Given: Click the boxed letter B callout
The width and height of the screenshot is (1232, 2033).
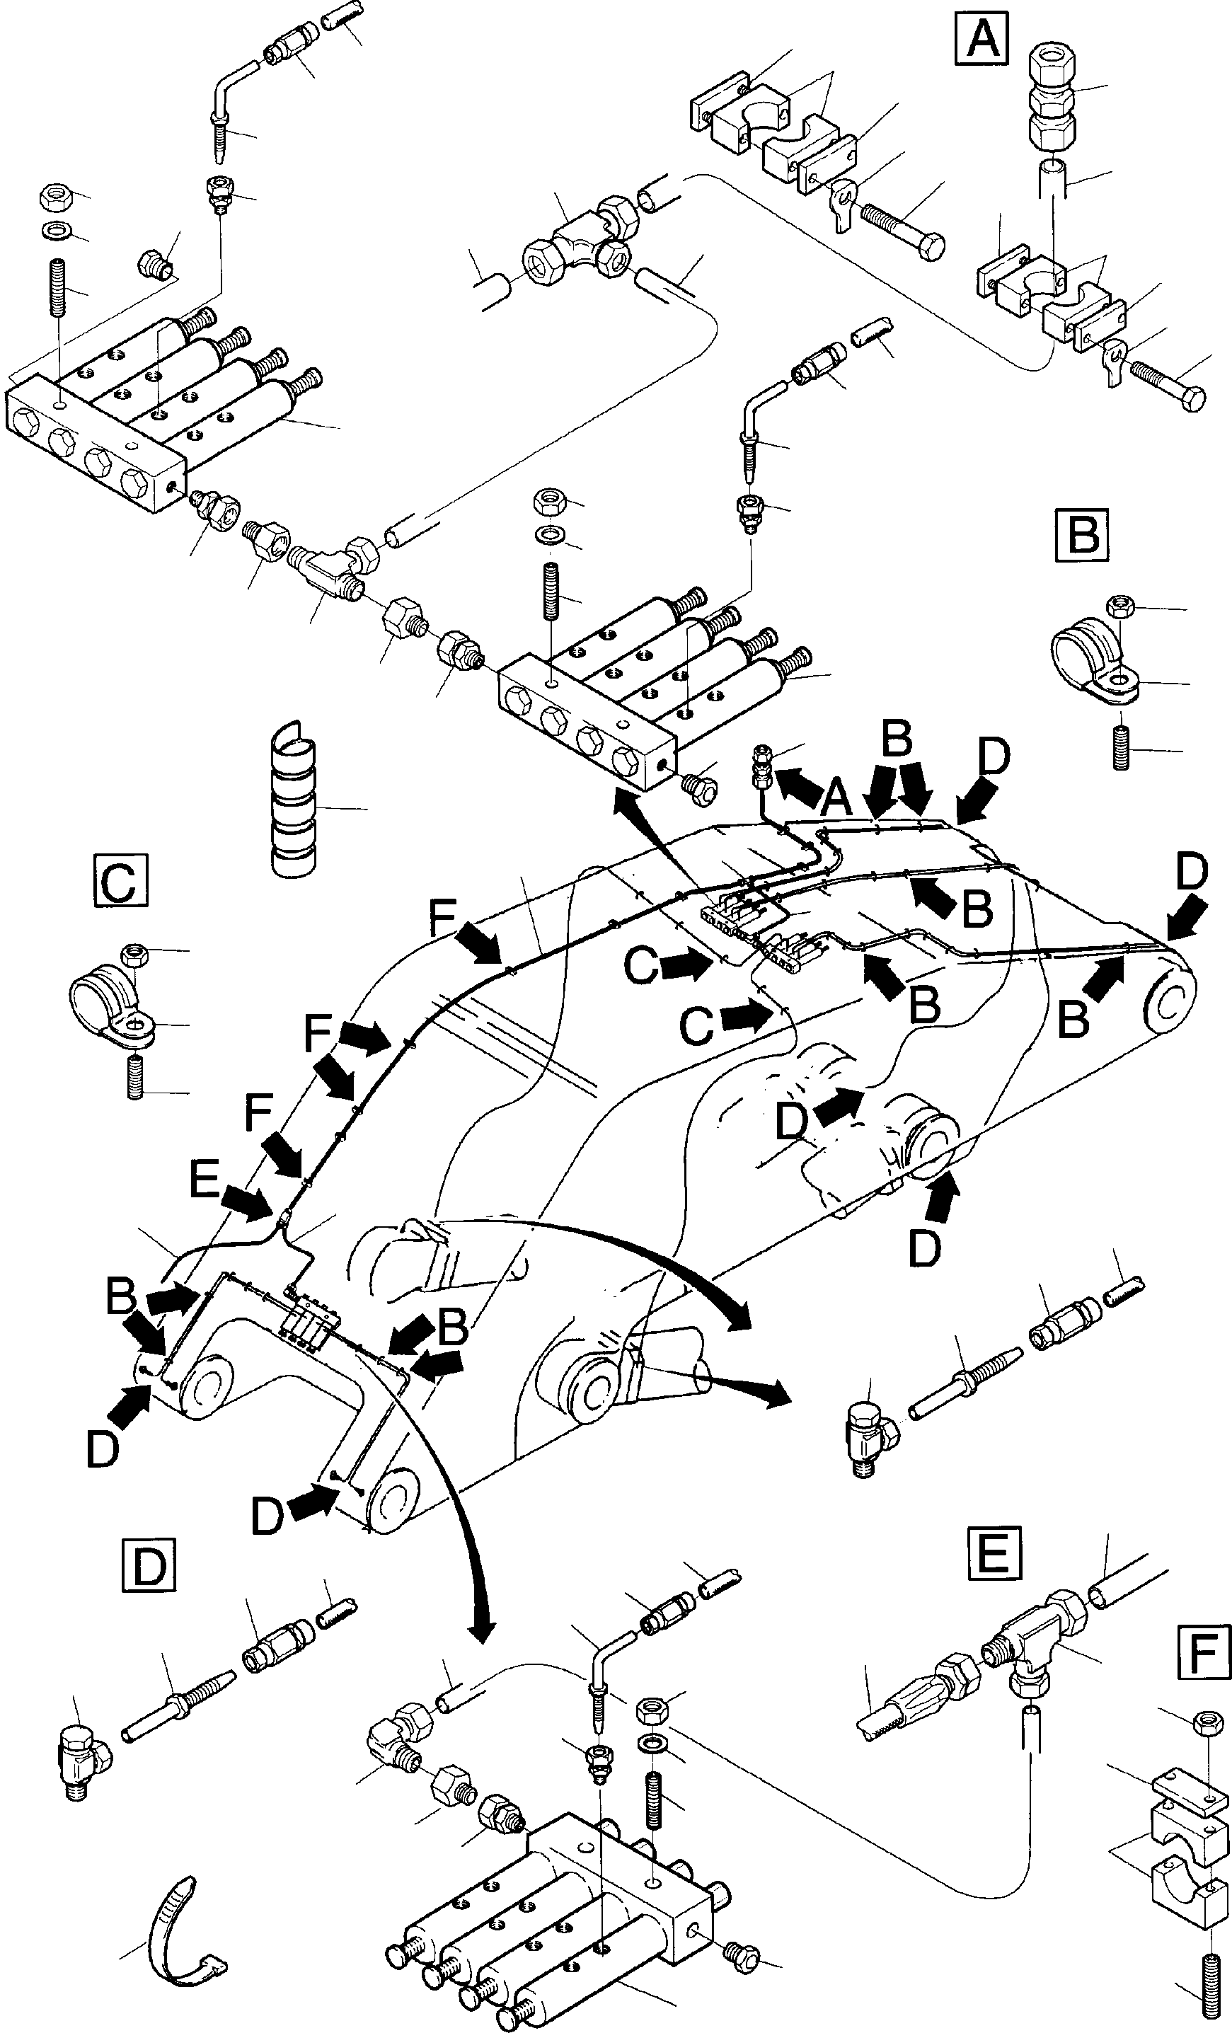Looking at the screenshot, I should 1083,534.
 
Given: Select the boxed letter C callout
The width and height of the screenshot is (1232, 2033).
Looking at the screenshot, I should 120,882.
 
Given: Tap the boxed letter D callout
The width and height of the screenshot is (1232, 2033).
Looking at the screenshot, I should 149,1567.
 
